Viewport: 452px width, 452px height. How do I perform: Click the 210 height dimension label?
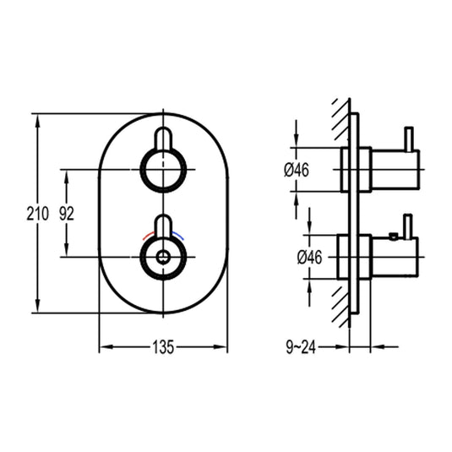tap(38, 214)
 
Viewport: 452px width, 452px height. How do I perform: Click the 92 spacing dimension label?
tap(67, 214)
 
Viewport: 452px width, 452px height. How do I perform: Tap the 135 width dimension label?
tap(163, 346)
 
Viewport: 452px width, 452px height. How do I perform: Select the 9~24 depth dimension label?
tap(301, 347)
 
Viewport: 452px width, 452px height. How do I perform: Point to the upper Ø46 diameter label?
tap(297, 170)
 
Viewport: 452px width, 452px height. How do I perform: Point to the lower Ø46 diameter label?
tap(309, 257)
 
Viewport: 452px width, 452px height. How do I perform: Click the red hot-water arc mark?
tap(149, 235)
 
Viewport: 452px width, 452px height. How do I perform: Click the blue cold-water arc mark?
tap(178, 235)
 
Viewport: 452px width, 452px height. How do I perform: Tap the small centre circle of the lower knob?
tap(163, 257)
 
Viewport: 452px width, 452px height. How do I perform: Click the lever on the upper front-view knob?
tap(163, 139)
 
